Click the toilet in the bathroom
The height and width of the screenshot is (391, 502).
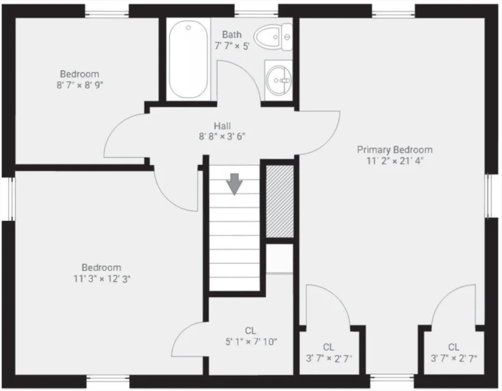273,37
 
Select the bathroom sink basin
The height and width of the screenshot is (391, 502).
279,80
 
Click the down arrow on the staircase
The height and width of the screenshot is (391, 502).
234,184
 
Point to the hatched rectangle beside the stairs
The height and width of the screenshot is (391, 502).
280,201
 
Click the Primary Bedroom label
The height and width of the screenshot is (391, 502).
395,150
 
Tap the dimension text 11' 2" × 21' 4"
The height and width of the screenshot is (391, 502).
395,161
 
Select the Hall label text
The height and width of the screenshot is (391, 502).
222,126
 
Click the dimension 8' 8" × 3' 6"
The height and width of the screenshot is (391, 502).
222,137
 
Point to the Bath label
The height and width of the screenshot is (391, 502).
232,35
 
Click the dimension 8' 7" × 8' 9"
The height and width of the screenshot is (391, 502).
80,85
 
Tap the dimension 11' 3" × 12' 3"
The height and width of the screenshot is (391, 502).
102,279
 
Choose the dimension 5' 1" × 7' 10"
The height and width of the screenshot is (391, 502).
251,342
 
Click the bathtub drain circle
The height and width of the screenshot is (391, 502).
188,27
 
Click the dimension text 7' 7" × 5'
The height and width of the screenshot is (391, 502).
232,46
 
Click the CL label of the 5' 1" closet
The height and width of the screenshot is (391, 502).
250,330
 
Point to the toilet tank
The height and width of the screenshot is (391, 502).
287,37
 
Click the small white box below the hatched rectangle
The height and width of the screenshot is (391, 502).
280,259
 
